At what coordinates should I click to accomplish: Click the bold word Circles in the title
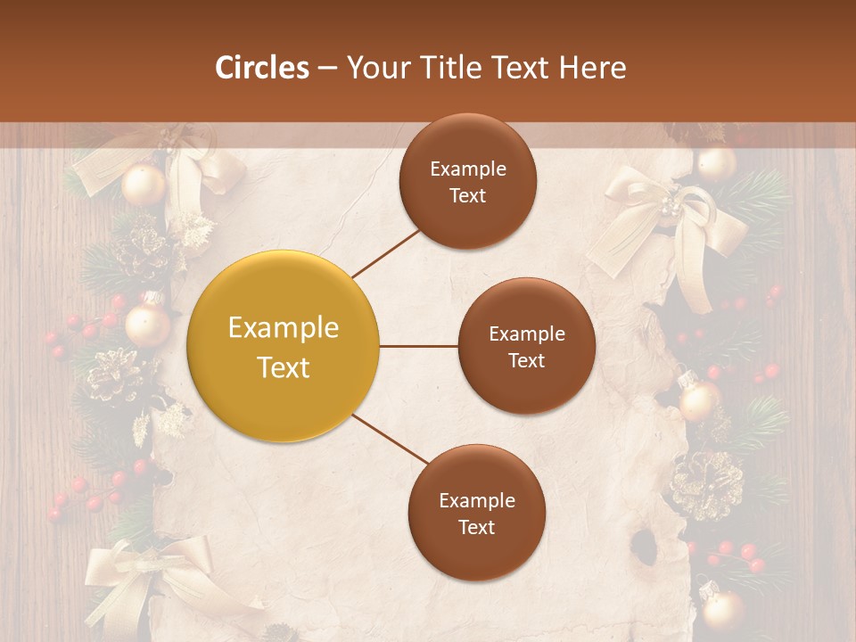(261, 68)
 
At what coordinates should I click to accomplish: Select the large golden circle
(283, 346)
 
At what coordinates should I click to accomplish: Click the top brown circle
(468, 182)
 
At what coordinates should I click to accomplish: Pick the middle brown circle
(526, 347)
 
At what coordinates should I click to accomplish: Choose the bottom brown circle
(476, 513)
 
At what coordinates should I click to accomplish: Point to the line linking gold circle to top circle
(386, 253)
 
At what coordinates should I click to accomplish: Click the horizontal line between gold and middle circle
(418, 346)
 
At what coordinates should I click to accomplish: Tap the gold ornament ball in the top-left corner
(144, 185)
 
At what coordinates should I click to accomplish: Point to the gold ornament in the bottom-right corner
(722, 609)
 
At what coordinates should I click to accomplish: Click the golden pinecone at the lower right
(707, 484)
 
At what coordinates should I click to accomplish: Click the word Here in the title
(592, 68)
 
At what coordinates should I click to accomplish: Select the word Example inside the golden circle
(284, 327)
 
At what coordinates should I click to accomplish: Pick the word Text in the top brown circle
(468, 196)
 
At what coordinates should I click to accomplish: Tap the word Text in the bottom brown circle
(476, 527)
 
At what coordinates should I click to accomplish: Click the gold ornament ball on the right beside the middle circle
(699, 400)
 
